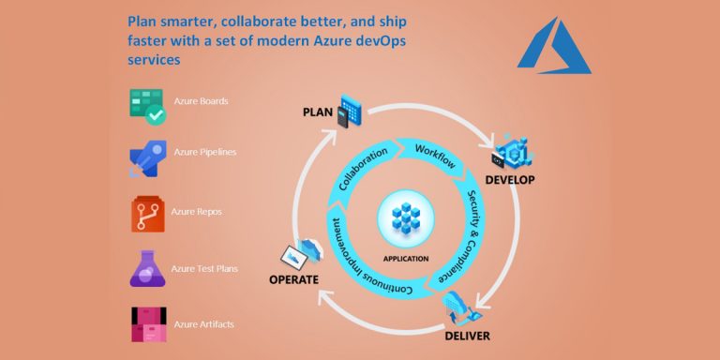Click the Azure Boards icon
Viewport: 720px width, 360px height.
point(147,107)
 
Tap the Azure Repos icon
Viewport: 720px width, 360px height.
point(147,215)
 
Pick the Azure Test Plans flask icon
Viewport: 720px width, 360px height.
point(147,269)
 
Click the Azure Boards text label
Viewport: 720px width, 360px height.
point(201,101)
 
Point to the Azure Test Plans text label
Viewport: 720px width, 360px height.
point(205,268)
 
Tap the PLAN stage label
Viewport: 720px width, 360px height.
point(319,112)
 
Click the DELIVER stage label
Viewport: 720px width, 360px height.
point(468,335)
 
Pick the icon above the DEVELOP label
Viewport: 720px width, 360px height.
point(514,150)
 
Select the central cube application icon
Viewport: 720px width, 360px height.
point(405,220)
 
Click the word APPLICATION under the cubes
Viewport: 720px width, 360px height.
point(406,258)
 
